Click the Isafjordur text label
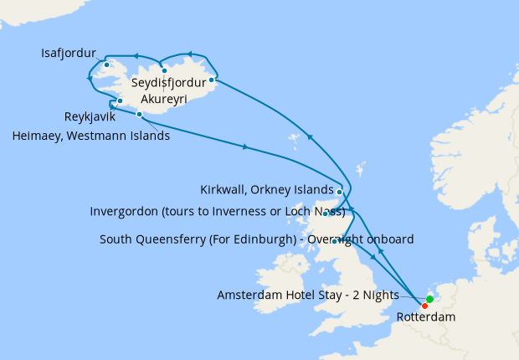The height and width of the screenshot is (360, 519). tap(69, 54)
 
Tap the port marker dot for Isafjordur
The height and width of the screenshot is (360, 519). tap(106, 64)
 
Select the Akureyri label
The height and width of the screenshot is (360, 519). tap(163, 98)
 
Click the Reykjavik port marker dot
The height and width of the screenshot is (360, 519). tap(121, 101)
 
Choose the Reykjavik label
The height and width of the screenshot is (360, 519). tap(90, 116)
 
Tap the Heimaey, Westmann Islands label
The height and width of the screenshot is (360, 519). tap(92, 136)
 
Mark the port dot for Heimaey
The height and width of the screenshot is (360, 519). tap(139, 114)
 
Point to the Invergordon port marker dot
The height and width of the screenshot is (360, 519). tap(326, 213)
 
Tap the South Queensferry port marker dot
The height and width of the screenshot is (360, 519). tap(334, 241)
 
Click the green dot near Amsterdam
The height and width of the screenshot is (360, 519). tap(429, 299)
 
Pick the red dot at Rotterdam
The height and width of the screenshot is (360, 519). tap(424, 306)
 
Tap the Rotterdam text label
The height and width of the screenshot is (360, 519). tap(426, 317)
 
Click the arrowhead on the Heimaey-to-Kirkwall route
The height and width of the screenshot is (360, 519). tap(244, 147)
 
